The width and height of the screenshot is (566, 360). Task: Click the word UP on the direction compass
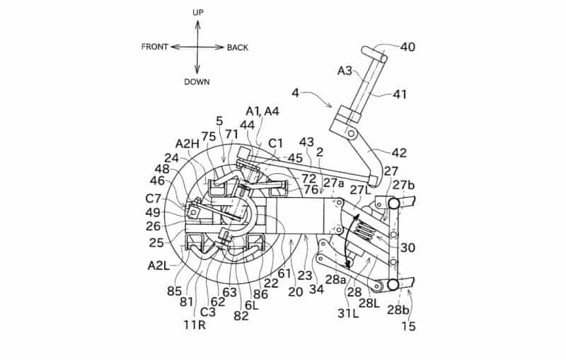tap(198, 13)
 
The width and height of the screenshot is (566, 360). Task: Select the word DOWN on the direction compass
tap(197, 82)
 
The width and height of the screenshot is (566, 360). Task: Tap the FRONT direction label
tap(154, 47)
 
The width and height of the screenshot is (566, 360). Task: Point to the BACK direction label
tap(238, 47)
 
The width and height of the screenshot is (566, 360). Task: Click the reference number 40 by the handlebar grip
tap(408, 47)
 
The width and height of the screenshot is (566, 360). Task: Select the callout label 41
tap(400, 95)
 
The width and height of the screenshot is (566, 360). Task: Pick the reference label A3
tap(345, 71)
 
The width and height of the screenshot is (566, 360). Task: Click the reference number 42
tap(399, 153)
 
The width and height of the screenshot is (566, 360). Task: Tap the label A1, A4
tap(262, 111)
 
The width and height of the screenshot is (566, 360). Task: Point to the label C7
tap(154, 199)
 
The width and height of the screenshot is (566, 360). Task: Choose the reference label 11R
tap(195, 325)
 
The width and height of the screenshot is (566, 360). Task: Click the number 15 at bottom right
tap(409, 327)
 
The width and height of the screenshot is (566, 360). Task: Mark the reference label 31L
tap(348, 313)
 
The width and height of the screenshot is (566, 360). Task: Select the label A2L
tap(158, 266)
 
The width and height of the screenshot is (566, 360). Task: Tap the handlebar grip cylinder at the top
tap(375, 54)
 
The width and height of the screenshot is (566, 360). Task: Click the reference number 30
tap(408, 248)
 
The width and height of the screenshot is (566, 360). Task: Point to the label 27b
tap(403, 185)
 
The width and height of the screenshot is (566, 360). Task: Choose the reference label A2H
tap(187, 144)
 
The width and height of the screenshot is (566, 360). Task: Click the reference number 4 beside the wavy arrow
tap(295, 93)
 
